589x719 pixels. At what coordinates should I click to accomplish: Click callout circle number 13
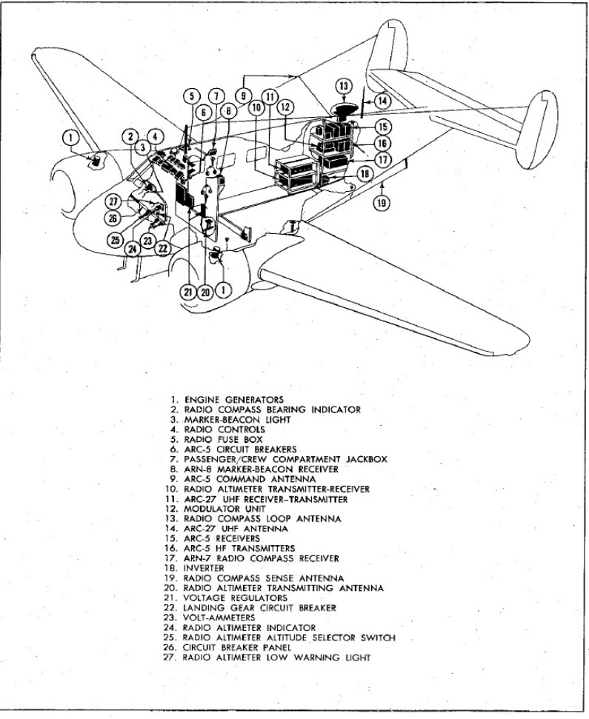(344, 86)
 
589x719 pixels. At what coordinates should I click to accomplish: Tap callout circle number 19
(382, 202)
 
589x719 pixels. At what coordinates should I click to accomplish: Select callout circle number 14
(382, 101)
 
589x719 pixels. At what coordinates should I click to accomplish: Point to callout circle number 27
(113, 201)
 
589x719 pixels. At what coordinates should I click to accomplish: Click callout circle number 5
(192, 96)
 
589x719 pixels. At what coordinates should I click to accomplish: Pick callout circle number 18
(365, 174)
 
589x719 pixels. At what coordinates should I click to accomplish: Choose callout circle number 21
(188, 292)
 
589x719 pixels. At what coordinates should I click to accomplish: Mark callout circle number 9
(244, 96)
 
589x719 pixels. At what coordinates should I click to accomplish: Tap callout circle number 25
(116, 239)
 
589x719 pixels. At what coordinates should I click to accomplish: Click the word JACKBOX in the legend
(366, 459)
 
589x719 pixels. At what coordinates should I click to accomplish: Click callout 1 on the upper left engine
(70, 137)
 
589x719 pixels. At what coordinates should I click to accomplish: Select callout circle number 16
(382, 144)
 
